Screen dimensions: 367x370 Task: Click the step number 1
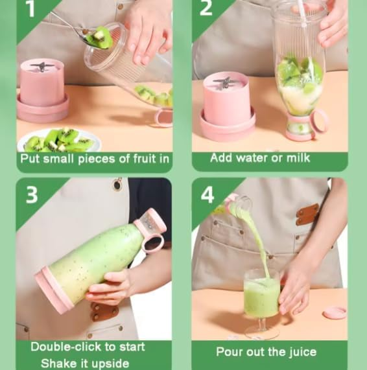[31, 8]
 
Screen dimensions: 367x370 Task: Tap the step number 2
[206, 8]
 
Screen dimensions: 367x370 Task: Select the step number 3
[32, 194]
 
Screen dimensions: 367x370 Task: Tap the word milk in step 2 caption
[298, 157]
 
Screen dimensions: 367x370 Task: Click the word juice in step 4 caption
[303, 353]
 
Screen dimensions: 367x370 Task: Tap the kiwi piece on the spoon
[100, 38]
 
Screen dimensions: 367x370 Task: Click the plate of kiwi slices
[59, 140]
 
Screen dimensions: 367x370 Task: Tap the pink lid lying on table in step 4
[335, 312]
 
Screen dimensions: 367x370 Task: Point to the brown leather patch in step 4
[307, 214]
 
